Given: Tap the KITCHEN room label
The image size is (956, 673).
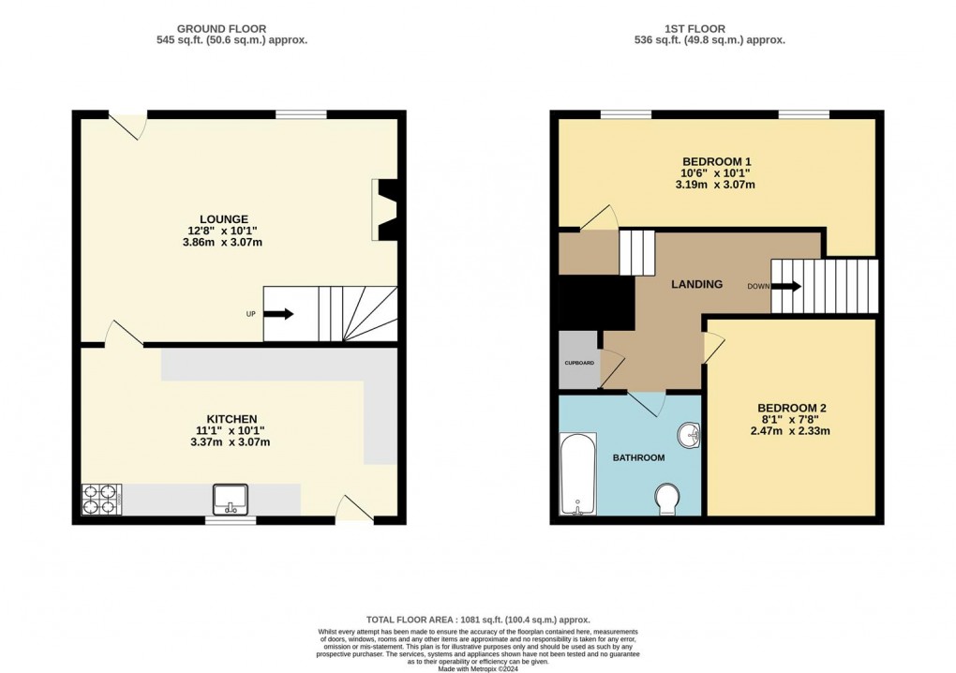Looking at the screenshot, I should point(232,418).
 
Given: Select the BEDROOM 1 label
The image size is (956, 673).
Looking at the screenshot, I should point(715,161).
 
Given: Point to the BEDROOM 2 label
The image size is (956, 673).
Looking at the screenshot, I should point(791,408).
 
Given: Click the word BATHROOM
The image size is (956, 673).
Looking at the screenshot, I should point(638,457).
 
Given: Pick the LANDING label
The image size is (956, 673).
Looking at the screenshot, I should point(695,284).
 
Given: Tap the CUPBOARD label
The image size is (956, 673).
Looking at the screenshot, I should point(578,362).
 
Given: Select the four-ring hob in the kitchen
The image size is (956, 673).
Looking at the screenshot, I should point(101,498).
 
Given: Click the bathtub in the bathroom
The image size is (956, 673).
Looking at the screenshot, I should point(577,474).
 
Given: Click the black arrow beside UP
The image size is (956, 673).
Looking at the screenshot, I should point(278,314).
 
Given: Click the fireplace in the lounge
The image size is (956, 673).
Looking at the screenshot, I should point(386,208).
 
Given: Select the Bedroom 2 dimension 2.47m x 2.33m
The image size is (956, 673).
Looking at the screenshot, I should point(791,431).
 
